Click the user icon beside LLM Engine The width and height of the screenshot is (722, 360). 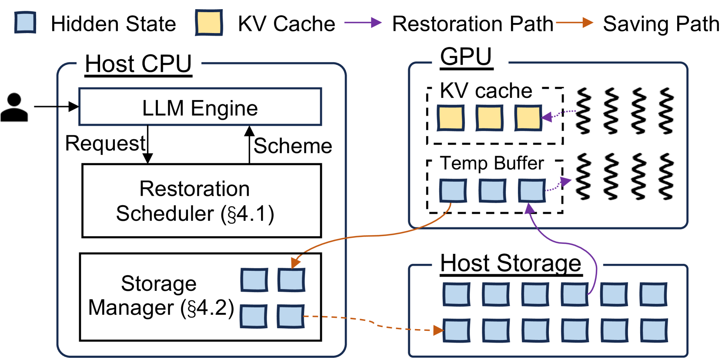coord(14,107)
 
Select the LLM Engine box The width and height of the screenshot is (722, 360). coord(200,107)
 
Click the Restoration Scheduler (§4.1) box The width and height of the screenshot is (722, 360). coord(201,201)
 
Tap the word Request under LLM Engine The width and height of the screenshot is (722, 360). coord(105,143)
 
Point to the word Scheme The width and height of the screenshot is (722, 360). coord(293,146)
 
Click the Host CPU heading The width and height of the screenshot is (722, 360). coord(138,64)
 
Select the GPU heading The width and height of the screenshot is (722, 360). coord(466,57)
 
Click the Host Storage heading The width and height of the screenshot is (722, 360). coord(511,263)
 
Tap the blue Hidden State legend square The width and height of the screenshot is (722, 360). coord(25,23)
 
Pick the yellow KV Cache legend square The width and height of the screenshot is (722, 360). coord(209,23)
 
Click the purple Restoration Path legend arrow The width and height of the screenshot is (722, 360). coord(363,23)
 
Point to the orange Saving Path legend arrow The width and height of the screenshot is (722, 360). coord(574,23)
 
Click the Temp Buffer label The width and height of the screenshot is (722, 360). coord(492,163)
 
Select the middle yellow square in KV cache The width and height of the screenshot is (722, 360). coord(489,117)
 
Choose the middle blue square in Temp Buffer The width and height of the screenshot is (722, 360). coord(492,190)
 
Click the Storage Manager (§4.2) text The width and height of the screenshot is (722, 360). coord(161,296)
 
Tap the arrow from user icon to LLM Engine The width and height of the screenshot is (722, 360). coord(56,107)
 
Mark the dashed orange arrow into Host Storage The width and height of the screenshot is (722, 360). coord(374,324)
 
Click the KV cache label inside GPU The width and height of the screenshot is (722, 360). coord(486,91)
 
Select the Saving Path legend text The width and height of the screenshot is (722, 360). coord(661,24)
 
